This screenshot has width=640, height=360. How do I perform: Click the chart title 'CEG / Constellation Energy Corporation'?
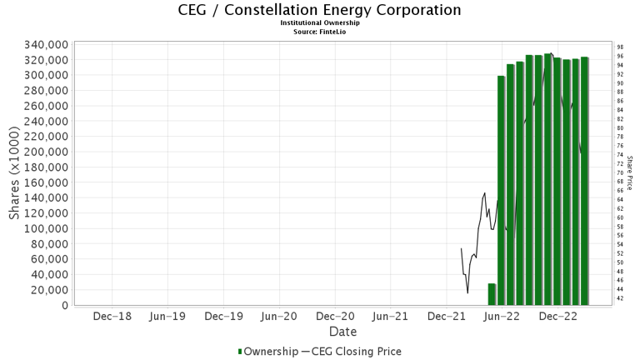[320, 10]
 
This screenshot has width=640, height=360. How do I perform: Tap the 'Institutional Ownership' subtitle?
[320, 23]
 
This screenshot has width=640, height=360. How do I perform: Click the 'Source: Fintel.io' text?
[320, 32]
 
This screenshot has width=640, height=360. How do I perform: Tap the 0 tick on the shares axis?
[64, 306]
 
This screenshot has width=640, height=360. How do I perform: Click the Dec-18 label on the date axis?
[112, 317]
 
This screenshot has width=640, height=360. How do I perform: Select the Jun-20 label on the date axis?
[279, 317]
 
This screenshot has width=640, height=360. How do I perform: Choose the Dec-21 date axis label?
[447, 317]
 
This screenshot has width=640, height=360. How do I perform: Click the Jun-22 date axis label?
[502, 317]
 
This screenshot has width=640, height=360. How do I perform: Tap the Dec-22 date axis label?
[558, 317]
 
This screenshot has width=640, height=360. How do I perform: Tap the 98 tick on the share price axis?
[620, 47]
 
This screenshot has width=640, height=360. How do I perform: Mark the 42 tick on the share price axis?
[620, 298]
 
